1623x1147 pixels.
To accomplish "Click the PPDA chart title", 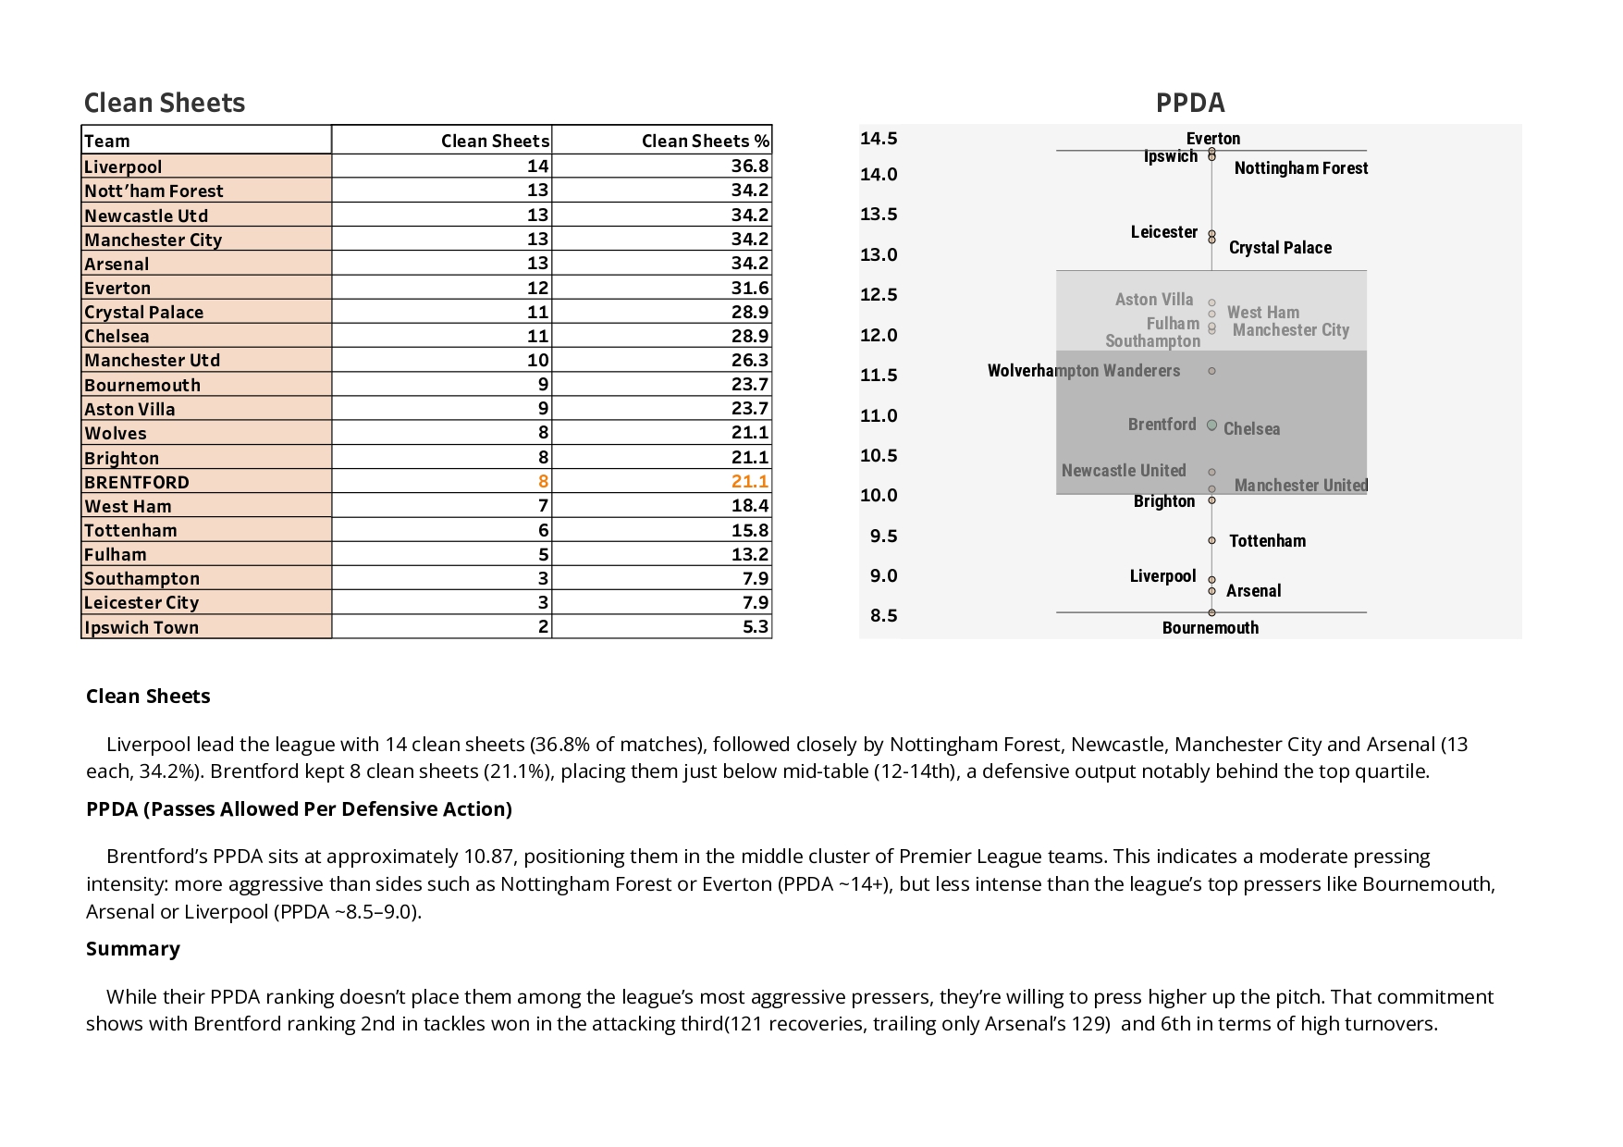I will (x=1189, y=103).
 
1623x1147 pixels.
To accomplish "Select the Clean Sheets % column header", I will (x=705, y=142).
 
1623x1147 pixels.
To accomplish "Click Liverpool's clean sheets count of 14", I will (x=537, y=166).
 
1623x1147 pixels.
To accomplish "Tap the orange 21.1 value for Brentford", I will (x=749, y=482).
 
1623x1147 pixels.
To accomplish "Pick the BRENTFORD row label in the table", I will (x=137, y=483).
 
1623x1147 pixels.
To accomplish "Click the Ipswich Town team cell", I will (x=141, y=628).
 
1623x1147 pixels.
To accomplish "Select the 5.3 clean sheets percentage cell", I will (x=755, y=627).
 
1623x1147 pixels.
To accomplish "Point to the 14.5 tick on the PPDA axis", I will (x=879, y=139).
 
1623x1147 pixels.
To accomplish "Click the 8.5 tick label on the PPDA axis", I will (x=883, y=616).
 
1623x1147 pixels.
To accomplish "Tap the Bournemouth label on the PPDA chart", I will (x=1210, y=628).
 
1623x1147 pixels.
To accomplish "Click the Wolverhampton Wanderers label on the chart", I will (x=1083, y=371).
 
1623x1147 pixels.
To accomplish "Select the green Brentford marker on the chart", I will (x=1211, y=425).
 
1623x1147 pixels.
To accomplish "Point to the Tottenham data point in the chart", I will (x=1211, y=541).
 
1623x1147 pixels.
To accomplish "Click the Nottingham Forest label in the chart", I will (x=1300, y=168).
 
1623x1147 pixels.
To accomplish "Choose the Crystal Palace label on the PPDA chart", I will (x=1280, y=248).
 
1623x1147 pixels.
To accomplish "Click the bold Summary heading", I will (x=133, y=949).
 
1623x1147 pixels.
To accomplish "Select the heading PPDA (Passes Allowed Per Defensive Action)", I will (x=299, y=809).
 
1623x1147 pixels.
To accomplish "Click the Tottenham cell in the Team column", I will (x=130, y=531).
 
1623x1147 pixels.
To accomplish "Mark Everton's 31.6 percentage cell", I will (x=749, y=288).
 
